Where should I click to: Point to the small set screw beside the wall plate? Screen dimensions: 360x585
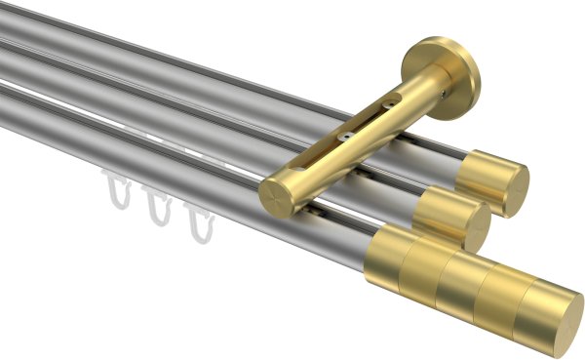coord(449,95)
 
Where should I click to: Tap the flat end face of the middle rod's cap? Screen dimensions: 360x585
coord(478,228)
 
